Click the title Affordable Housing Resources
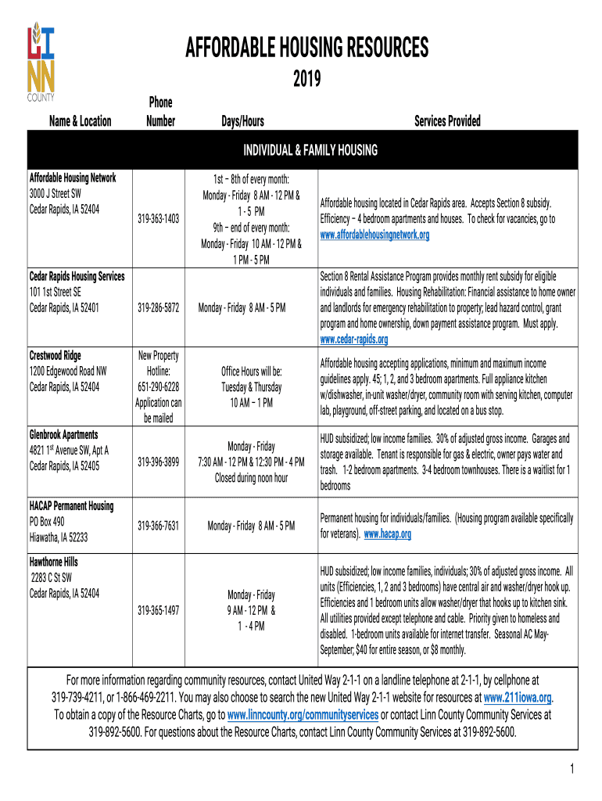306,49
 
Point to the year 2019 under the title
306,79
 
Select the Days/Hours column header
242,121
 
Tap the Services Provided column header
447,121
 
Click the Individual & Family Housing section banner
310,150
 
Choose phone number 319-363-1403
158,219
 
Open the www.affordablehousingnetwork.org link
374,235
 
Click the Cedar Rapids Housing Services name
77,276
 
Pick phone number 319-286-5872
158,307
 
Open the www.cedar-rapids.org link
354,339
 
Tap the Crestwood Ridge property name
55,355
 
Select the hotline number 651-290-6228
158,386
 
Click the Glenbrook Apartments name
63,434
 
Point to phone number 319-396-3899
158,462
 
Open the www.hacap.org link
387,534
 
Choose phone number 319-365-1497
158,610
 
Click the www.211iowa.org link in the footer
518,697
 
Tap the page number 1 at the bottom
572,770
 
